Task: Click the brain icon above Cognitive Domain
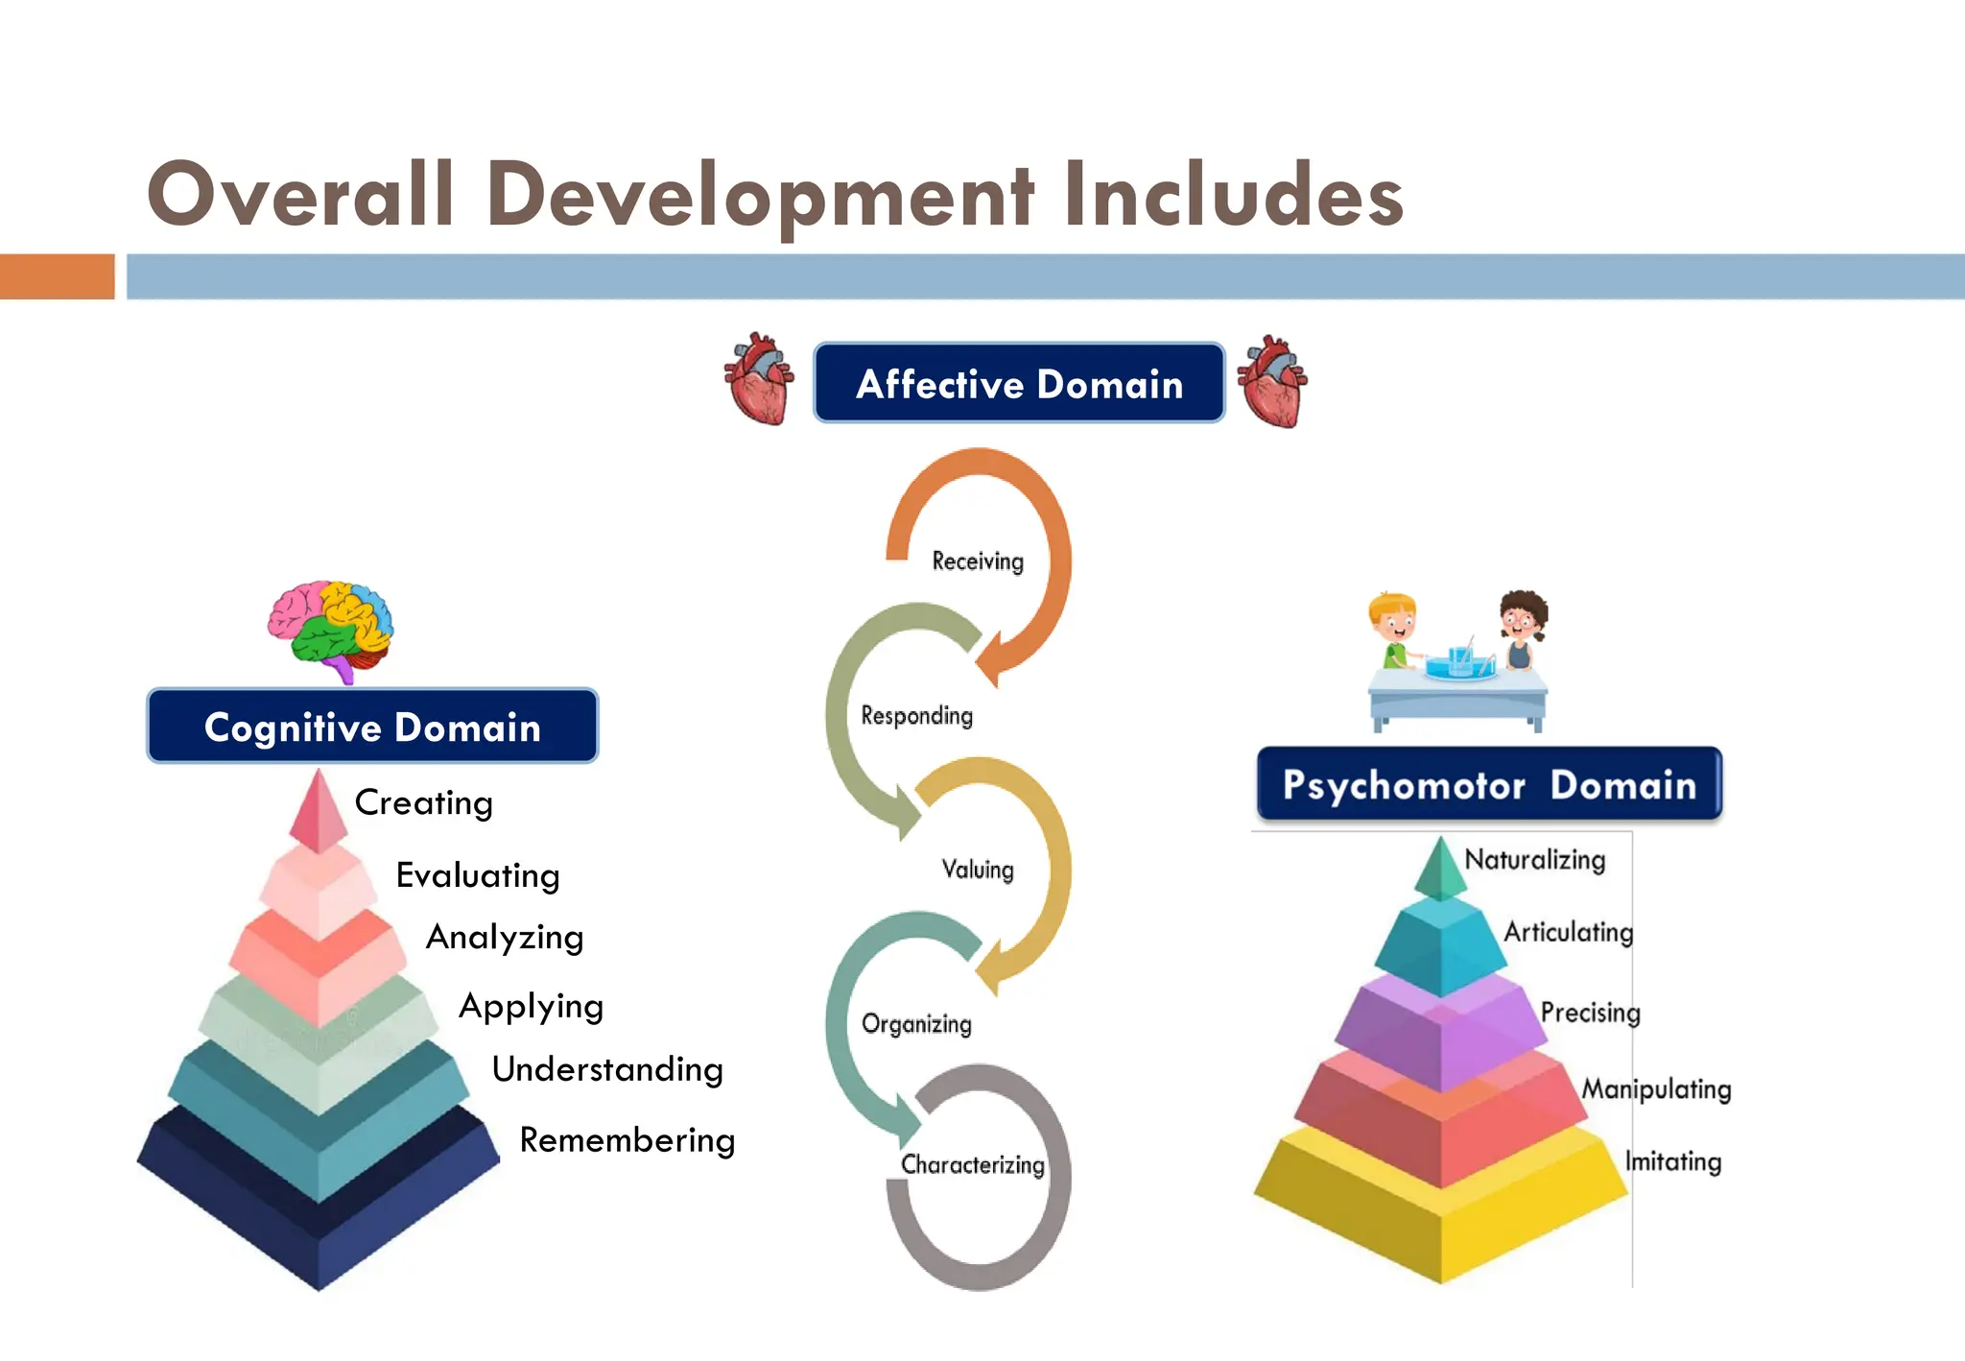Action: (330, 629)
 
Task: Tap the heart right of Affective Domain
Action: (1272, 381)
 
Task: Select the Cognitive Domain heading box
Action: (372, 727)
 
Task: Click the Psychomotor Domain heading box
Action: (1488, 784)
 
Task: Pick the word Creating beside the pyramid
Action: (423, 802)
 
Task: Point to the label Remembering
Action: (627, 1139)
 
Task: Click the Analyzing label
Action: (505, 937)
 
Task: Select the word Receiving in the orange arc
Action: (978, 561)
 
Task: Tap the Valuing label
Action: (978, 870)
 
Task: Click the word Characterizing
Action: (973, 1164)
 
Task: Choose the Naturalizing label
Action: (1534, 859)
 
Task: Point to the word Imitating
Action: (1672, 1161)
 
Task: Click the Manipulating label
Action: (1656, 1088)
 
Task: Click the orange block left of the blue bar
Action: (57, 276)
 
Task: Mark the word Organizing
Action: (916, 1024)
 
